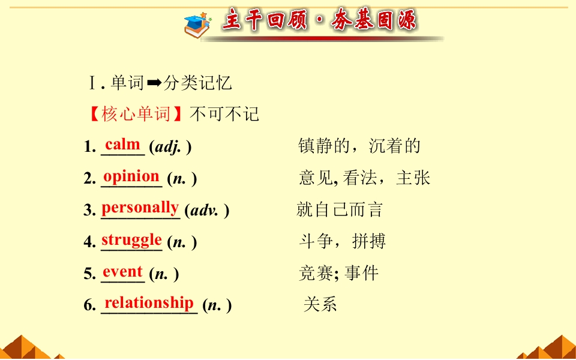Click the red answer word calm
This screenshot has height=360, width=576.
(122, 145)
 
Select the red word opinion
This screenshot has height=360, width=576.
(131, 176)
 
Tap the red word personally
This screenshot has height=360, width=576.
(140, 208)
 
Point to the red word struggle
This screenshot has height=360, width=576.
(131, 240)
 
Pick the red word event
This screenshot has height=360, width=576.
(122, 272)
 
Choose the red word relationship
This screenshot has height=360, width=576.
(149, 303)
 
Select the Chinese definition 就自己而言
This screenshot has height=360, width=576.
(340, 210)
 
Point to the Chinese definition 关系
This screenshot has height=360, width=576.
(320, 304)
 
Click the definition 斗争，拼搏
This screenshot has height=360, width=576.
(342, 242)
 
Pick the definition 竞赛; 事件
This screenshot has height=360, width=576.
(338, 274)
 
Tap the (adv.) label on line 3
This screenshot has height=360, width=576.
(207, 211)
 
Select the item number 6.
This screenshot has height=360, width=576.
(89, 305)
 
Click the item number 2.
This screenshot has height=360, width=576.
(89, 179)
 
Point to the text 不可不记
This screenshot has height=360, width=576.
(224, 114)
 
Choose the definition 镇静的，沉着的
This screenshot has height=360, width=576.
(359, 146)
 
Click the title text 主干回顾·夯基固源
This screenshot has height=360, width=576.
(319, 21)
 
